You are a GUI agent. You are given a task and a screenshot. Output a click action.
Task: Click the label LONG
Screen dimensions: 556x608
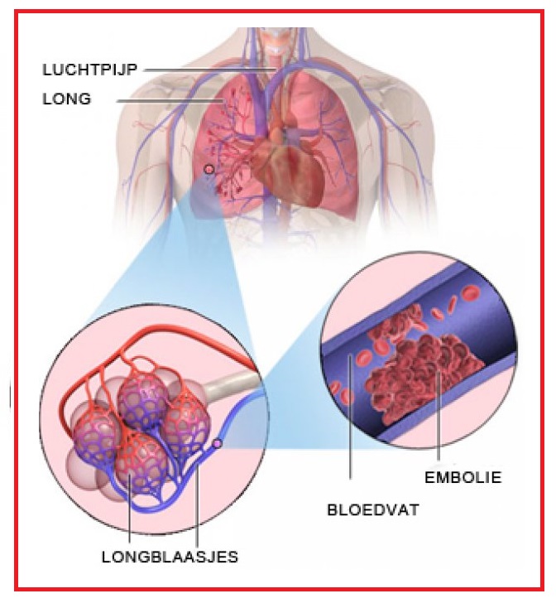(x=65, y=100)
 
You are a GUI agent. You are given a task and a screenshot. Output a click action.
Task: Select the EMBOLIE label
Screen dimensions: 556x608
(x=463, y=478)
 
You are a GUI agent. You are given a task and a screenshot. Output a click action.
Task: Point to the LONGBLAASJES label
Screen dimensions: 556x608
(x=170, y=557)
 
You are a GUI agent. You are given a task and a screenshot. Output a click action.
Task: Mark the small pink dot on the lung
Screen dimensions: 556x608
(x=208, y=168)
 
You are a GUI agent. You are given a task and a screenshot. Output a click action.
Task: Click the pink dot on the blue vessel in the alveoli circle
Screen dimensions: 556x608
(x=218, y=445)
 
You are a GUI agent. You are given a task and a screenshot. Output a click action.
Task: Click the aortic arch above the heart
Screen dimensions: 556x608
(x=285, y=83)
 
